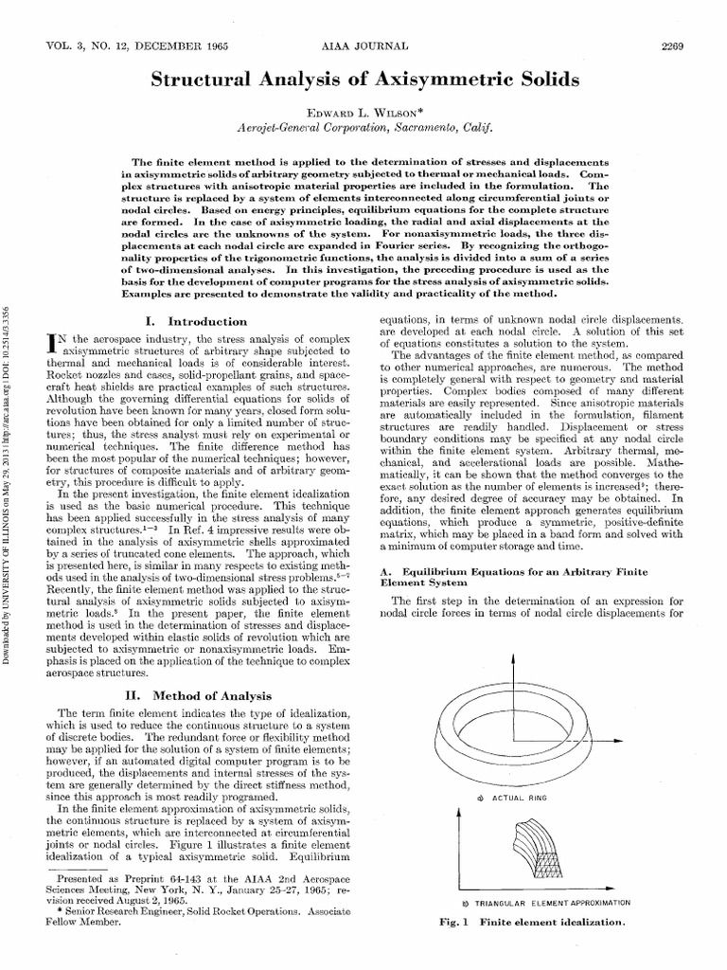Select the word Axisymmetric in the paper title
pos(459,81)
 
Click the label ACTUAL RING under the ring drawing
pos(523,799)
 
